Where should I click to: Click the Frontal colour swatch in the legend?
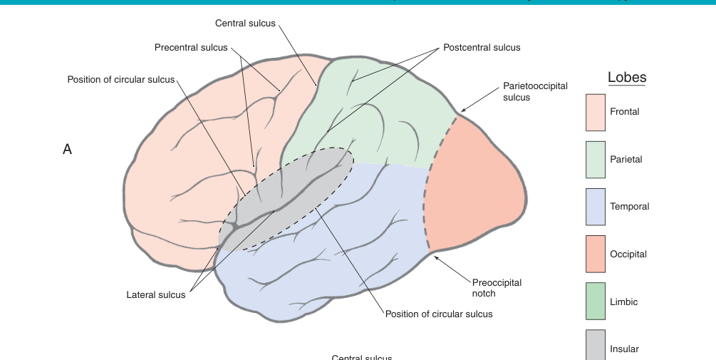(x=596, y=112)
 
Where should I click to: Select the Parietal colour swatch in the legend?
(x=596, y=160)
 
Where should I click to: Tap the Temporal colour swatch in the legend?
(x=596, y=207)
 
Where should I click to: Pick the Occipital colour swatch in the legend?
(x=596, y=254)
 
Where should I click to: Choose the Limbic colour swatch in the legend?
(x=596, y=302)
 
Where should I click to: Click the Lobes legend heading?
(x=627, y=78)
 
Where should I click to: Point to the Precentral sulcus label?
(x=191, y=48)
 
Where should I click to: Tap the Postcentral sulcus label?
(x=482, y=48)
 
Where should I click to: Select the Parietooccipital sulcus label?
(x=535, y=91)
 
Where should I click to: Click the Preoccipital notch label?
(x=497, y=288)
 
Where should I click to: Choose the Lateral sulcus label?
(x=156, y=295)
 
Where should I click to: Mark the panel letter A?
(x=68, y=150)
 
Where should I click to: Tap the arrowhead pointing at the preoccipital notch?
(x=435, y=257)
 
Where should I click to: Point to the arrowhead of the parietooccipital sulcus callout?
(x=461, y=111)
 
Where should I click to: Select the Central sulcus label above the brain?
(x=245, y=24)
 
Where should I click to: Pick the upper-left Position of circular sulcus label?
(x=121, y=79)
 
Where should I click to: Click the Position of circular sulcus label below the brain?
(x=439, y=314)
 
